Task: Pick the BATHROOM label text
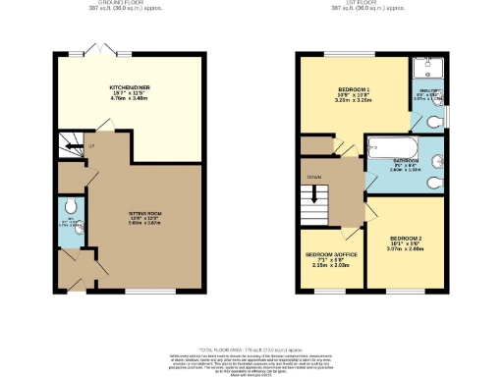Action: click(406, 160)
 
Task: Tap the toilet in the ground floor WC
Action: click(65, 207)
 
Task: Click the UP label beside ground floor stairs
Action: click(90, 147)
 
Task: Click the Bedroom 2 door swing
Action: click(373, 214)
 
